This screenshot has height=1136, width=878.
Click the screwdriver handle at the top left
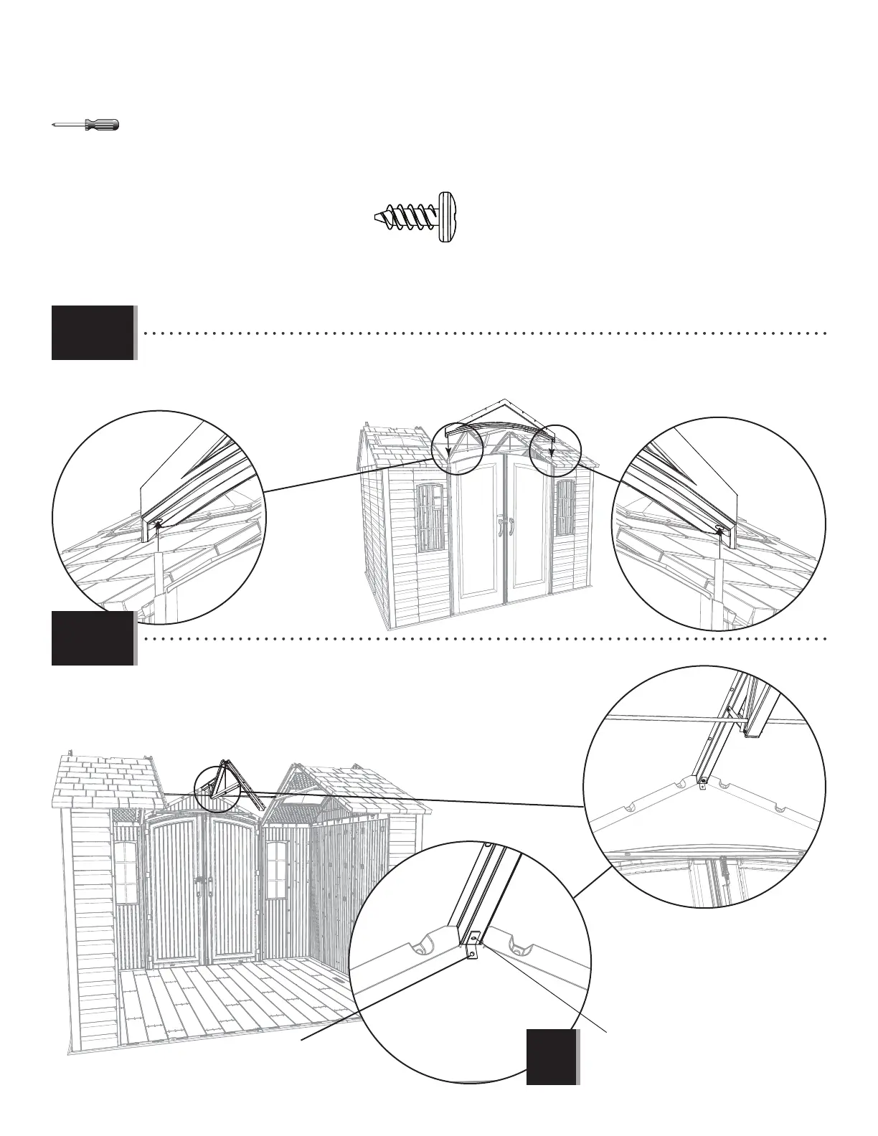[102, 125]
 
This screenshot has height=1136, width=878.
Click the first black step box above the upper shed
[93, 332]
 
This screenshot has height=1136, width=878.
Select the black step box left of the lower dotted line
[93, 638]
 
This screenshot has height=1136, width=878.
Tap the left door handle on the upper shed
[501, 528]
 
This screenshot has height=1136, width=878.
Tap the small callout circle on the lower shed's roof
[217, 786]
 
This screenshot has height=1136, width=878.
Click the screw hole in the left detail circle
[157, 522]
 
